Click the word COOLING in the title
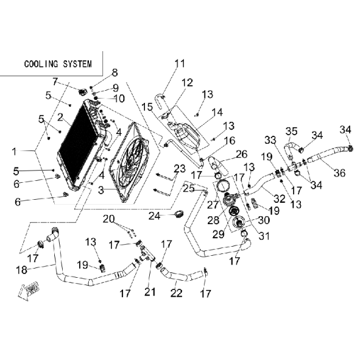[x=41, y=64]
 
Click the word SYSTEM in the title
[x=77, y=64]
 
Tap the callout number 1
[x=15, y=151]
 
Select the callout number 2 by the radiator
[x=60, y=118]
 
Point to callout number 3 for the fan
[x=101, y=190]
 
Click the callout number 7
[x=55, y=82]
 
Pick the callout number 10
[x=119, y=99]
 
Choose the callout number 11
[x=180, y=63]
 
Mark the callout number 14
[x=217, y=112]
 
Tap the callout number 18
[x=21, y=270]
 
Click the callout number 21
[x=150, y=292]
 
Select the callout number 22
[x=176, y=293]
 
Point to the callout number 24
[x=154, y=216]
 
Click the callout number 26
[x=241, y=154]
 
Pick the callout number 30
[x=264, y=220]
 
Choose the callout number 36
[x=340, y=172]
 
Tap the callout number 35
[x=291, y=132]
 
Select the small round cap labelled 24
[x=179, y=214]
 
